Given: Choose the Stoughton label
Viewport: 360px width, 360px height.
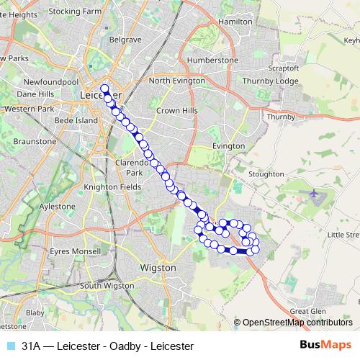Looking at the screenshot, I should [x=266, y=174].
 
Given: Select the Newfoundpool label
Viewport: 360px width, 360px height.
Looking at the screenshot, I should [x=50, y=83].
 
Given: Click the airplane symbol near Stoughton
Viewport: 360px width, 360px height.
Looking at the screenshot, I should [x=315, y=194].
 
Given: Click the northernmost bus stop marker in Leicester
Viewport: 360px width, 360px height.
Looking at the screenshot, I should [x=105, y=89].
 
